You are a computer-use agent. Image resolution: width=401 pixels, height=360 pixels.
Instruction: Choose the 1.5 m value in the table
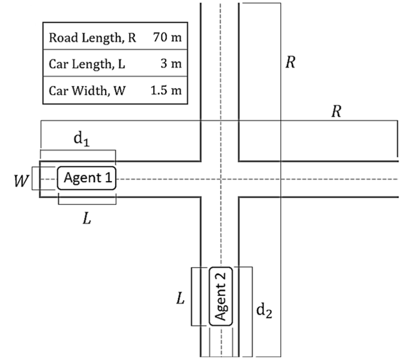click(166, 90)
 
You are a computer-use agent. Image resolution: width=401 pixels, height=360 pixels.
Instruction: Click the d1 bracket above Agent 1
click(77, 150)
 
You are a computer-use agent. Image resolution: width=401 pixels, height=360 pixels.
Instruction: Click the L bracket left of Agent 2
click(192, 296)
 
